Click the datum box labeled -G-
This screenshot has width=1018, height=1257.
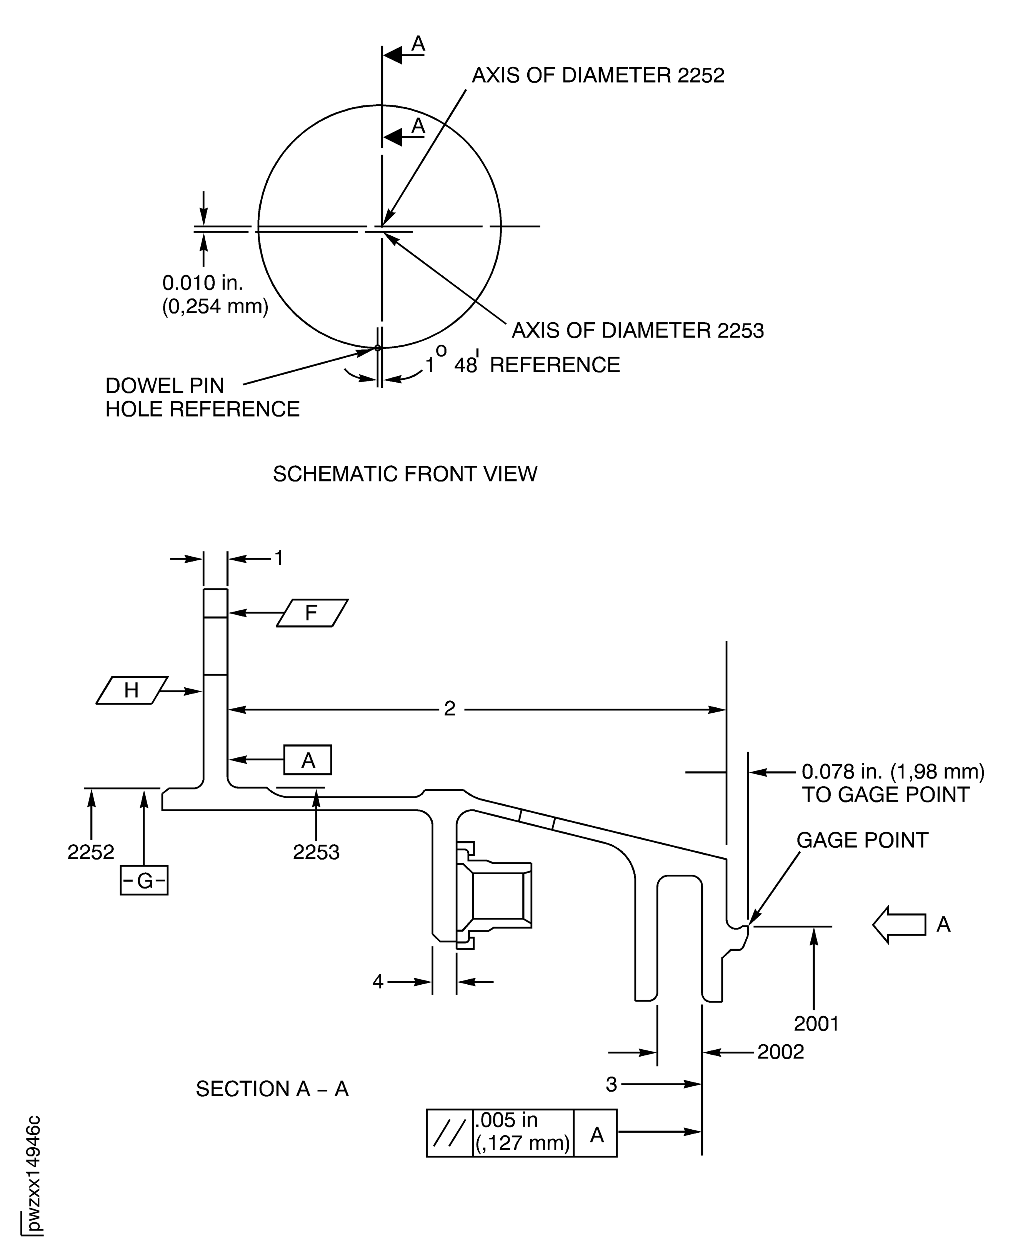144,880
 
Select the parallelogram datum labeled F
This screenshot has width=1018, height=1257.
312,613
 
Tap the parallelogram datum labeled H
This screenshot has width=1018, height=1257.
132,690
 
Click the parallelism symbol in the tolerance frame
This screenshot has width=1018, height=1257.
449,1133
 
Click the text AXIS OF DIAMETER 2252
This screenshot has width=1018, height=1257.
598,76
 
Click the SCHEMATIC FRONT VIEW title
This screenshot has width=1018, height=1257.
405,474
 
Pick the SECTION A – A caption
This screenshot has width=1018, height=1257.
272,1089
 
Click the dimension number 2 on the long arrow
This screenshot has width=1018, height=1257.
449,709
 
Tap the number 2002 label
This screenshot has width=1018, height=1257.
780,1052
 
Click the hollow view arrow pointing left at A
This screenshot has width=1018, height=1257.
898,925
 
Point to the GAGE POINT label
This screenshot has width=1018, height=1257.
861,840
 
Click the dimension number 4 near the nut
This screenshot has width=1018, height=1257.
378,981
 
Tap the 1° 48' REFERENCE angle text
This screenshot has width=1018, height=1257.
522,365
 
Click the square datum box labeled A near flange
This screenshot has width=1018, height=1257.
308,760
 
